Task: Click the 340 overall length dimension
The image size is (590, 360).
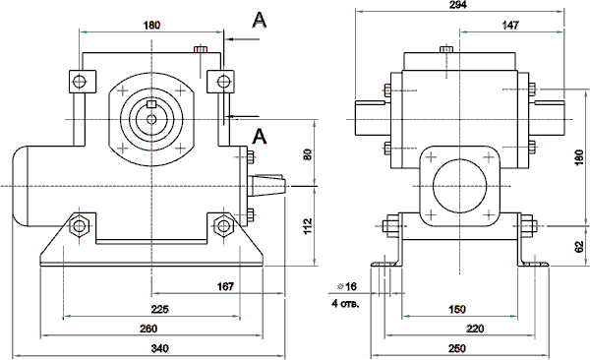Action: point(159,348)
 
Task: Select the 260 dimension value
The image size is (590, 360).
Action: point(148,329)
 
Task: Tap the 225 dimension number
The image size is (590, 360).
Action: point(160,309)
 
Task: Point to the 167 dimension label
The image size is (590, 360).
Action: point(225,286)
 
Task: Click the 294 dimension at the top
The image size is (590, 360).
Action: point(458,5)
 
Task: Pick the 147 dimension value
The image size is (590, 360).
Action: point(510,25)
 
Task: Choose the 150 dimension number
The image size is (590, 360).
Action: point(457,309)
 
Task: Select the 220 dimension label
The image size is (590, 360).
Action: point(475,329)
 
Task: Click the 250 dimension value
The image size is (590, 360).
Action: point(457,348)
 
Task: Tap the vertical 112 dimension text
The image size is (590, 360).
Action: point(308,226)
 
